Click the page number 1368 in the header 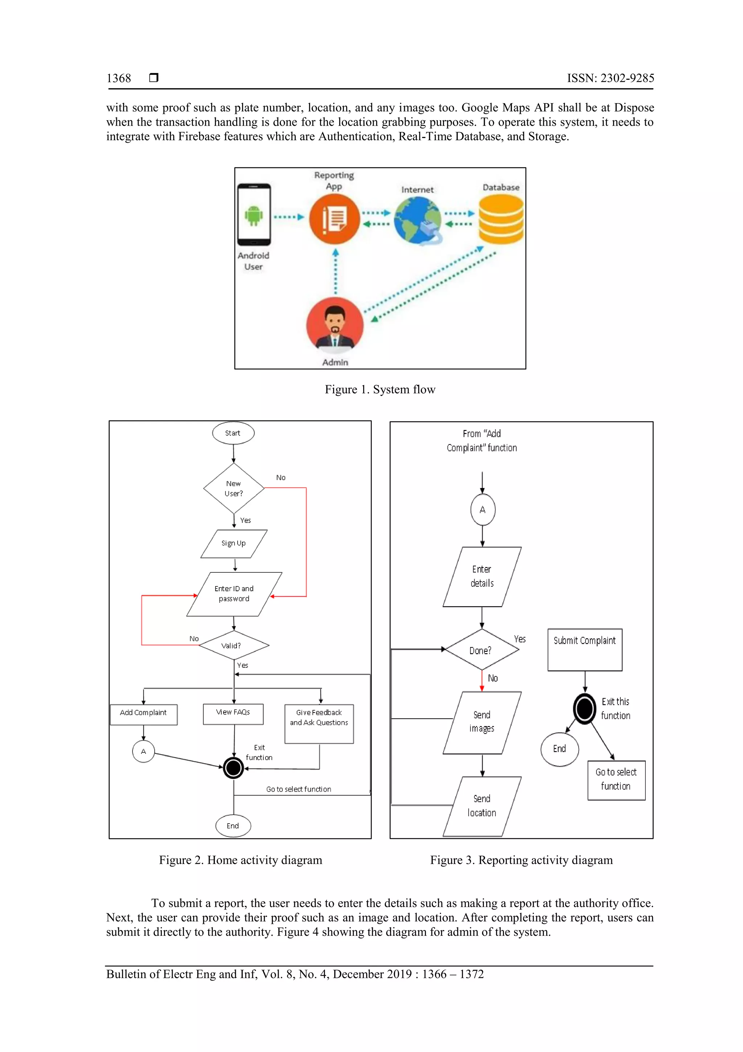pos(119,78)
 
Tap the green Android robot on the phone pos(253,215)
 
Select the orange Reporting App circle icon pos(334,219)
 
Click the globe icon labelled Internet pos(418,220)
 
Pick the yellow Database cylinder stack pos(501,219)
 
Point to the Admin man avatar pos(334,326)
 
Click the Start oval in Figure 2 pos(233,433)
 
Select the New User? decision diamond pos(234,488)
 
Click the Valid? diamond pos(234,646)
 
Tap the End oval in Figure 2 pos(233,826)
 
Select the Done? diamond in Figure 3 pos(481,650)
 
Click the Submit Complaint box pos(584,649)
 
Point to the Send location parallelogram pos(481,806)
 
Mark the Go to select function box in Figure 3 pos(616,780)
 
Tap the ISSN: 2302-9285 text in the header pos(610,78)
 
